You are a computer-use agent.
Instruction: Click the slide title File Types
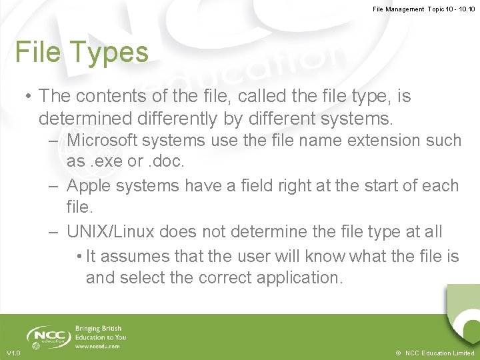(x=81, y=52)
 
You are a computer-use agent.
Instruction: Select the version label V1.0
(x=13, y=353)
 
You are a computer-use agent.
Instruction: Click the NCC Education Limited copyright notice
(x=435, y=353)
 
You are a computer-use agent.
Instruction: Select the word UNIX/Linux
(x=109, y=232)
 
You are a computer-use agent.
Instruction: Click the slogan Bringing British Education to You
(x=99, y=333)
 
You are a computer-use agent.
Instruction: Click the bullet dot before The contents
(x=29, y=96)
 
